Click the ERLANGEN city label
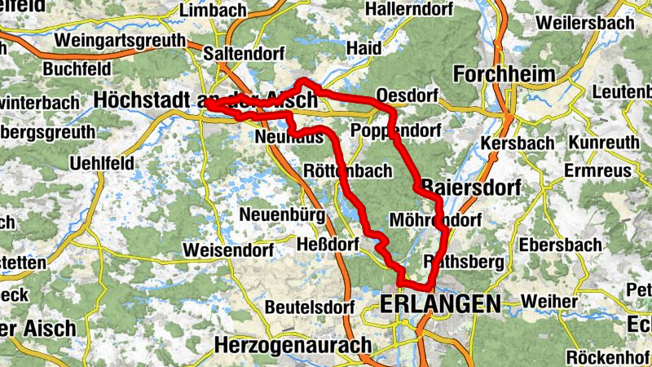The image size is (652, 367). point(440,304)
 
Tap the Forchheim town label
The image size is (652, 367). point(504,75)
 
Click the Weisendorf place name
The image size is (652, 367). point(224,248)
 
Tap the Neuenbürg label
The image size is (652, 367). point(283,215)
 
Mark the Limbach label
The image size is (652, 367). point(212,11)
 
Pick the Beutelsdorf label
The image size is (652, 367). point(311,307)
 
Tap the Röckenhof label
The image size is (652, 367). point(606,356)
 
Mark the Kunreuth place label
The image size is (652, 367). point(604,143)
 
